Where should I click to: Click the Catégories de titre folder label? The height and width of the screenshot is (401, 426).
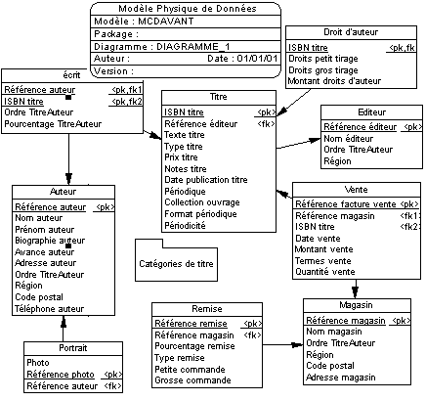pos(176,264)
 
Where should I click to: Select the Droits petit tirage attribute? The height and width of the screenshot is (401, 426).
pos(323,59)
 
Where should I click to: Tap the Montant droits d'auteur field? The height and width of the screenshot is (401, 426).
pos(334,81)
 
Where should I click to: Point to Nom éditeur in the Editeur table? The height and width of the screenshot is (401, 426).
pos(348,139)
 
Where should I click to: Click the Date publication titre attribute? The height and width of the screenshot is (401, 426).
pos(206,180)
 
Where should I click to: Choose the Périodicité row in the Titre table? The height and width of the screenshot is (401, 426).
pos(185,225)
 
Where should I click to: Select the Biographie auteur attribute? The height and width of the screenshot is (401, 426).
pos(50,241)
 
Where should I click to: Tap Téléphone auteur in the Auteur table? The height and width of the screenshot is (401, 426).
pos(50,309)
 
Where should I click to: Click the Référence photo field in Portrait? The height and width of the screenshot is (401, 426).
pos(61,375)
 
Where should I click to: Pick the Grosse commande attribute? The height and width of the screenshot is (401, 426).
pos(192,380)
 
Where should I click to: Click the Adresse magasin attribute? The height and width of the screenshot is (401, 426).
pos(341,378)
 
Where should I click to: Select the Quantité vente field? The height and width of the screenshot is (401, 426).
pos(325,272)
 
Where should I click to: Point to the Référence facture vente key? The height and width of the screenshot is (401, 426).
pos(346,204)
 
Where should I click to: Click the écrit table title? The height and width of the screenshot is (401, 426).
pos(71,75)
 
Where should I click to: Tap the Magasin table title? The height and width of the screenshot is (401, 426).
pos(356,305)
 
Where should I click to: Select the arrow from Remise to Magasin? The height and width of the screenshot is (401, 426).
pos(282,345)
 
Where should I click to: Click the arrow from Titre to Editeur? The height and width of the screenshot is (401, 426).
pos(298,144)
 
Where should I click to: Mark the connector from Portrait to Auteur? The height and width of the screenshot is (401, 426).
pos(64,329)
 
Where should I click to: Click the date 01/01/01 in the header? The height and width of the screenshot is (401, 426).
pos(257,59)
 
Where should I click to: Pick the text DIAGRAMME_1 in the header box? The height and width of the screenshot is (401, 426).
pos(193,47)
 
